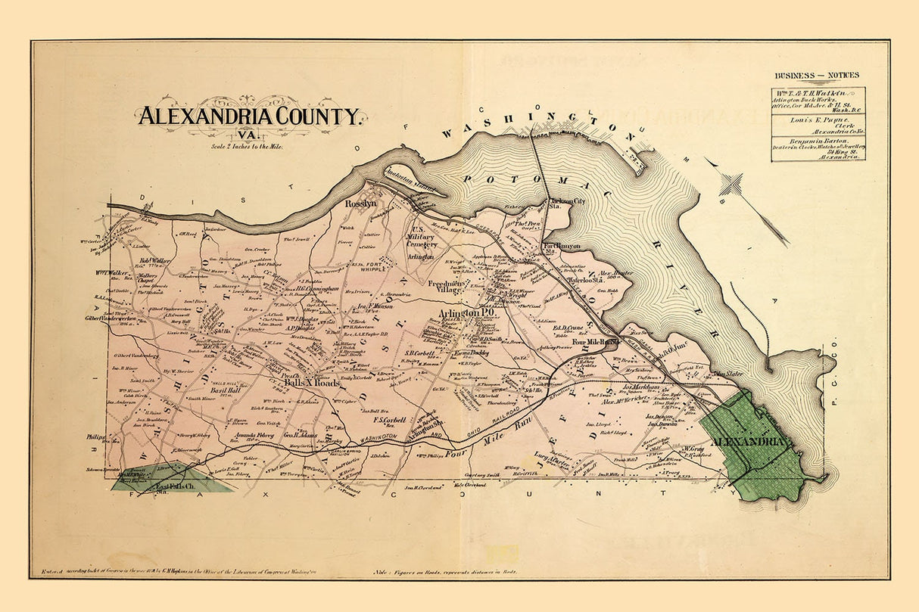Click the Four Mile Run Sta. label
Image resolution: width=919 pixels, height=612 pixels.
coord(596,341)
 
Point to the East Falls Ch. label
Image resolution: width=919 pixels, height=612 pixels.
coord(176,486)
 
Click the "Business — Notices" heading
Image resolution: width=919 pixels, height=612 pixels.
coord(817,75)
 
